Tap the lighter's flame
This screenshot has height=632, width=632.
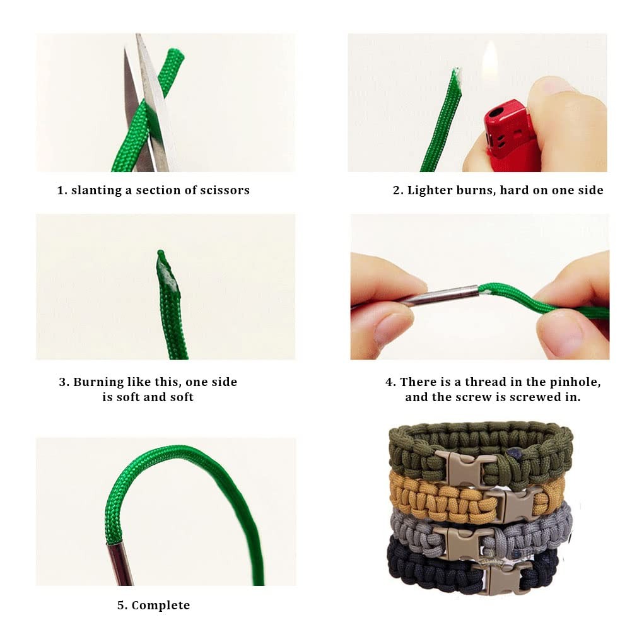489,61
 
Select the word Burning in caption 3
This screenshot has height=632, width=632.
98,382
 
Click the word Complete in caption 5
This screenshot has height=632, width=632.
160,606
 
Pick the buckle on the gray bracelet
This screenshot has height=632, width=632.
464,542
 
